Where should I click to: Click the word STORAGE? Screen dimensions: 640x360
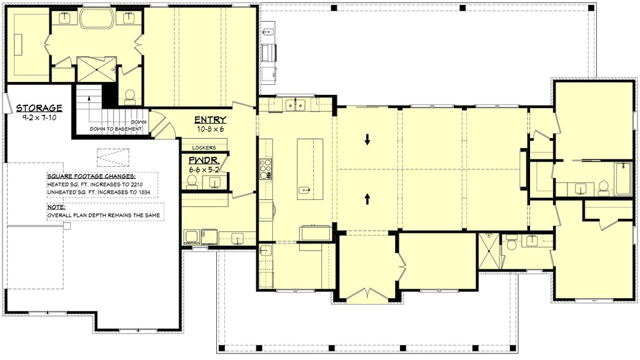pos(39,108)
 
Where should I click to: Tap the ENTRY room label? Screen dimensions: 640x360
pos(210,120)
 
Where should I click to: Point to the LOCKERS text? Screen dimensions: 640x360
pos(204,147)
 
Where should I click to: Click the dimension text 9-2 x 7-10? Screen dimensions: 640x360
pos(39,117)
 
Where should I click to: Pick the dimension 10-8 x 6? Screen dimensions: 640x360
pos(210,129)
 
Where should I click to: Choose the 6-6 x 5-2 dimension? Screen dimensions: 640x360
pos(204,169)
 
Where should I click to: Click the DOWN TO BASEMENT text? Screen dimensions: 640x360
pos(116,129)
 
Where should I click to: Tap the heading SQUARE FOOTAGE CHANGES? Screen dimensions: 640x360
pos(91,177)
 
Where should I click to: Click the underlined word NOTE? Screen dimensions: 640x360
pos(56,207)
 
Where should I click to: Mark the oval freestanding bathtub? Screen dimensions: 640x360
pos(97,18)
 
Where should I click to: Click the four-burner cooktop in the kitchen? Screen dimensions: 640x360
pos(266,169)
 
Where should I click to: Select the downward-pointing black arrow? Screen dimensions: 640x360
pos(367,140)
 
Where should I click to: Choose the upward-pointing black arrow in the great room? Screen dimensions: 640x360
pos(367,199)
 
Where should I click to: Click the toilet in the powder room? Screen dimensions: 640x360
pos(191,182)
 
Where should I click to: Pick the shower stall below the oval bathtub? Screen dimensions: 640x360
pos(97,69)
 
